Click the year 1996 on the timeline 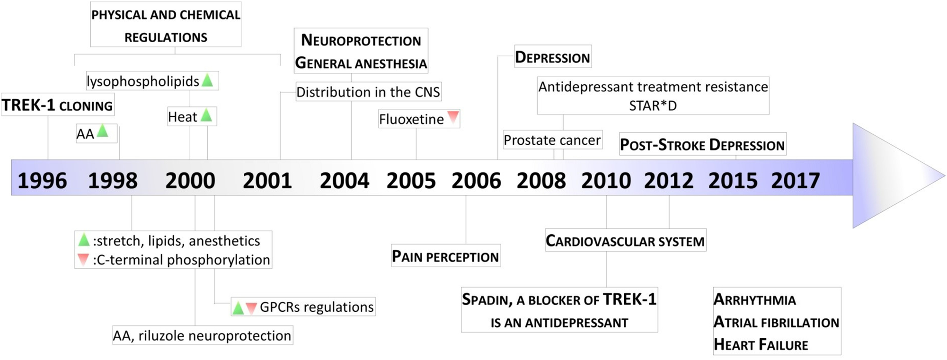42,181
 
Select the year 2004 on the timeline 345,181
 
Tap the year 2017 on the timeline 796,181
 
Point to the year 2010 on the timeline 606,181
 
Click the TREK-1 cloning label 57,105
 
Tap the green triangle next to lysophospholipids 207,80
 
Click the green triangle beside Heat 206,115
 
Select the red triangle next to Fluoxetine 453,116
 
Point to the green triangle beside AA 102,131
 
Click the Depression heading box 553,57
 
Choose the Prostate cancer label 552,140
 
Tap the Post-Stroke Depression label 702,144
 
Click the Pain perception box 445,256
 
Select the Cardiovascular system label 625,241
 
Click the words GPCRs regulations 317,307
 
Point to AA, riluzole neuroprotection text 202,335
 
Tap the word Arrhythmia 755,299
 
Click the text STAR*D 653,105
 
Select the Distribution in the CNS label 368,92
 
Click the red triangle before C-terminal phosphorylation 83,259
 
